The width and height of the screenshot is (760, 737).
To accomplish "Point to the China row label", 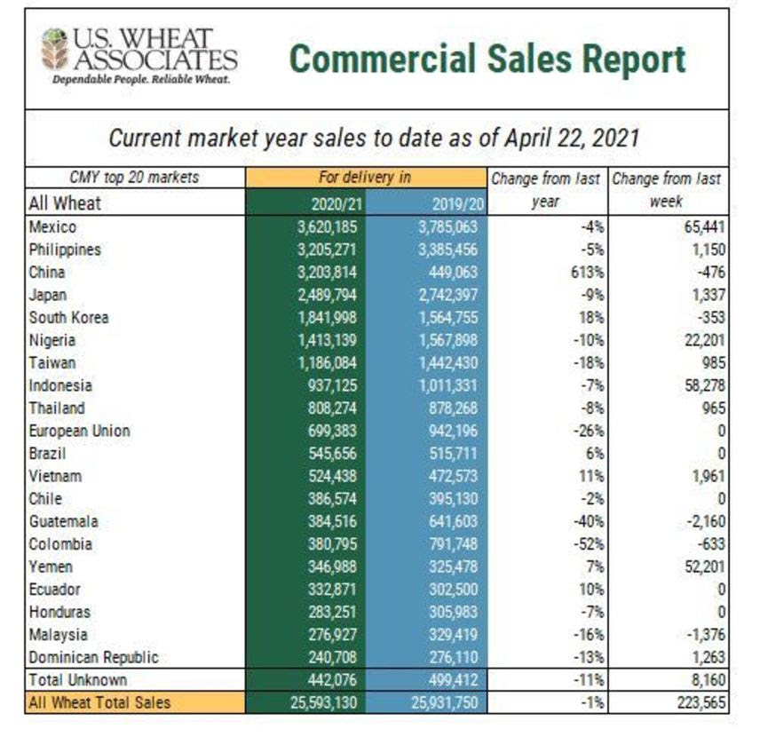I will (47, 273).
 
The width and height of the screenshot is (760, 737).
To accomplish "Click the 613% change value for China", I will (590, 273).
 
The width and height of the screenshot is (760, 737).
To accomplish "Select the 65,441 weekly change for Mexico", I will (702, 227).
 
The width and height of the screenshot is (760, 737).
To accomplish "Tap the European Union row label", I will (80, 431).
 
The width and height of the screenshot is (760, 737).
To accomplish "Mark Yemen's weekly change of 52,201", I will (702, 567).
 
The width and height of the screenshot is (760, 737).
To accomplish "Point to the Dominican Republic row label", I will (94, 658).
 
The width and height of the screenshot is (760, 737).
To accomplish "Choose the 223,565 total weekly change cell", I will (698, 702).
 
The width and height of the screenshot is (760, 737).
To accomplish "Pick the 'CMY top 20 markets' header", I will (133, 178).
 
